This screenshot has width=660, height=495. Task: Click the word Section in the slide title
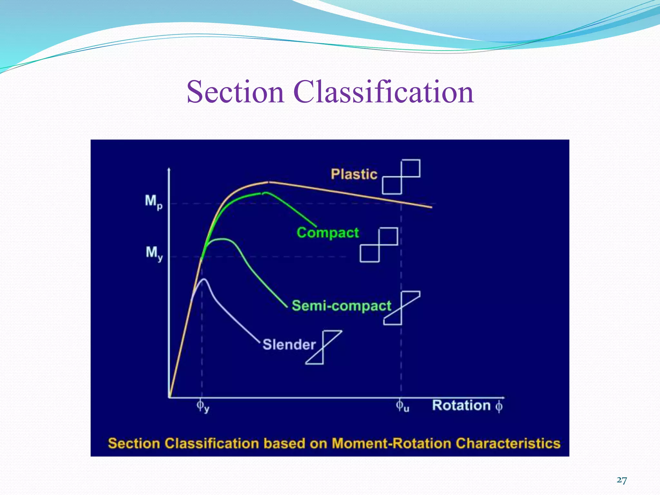click(235, 92)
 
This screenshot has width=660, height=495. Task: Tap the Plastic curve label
click(354, 174)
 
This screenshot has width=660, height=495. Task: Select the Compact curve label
click(328, 233)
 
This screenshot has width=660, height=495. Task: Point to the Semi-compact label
click(341, 306)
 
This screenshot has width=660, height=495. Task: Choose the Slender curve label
click(289, 345)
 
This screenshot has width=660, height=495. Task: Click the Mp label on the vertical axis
click(153, 202)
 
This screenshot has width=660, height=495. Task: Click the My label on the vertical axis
click(154, 253)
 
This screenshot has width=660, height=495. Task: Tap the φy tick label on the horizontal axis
click(203, 406)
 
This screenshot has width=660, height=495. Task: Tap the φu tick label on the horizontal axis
click(402, 406)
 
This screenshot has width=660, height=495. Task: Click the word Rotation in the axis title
click(461, 405)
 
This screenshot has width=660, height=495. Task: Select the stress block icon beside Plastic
click(401, 177)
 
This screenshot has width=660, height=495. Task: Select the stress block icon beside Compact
click(379, 245)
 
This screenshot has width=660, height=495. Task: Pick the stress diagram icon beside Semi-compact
click(402, 308)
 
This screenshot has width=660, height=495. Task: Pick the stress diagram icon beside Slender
click(323, 347)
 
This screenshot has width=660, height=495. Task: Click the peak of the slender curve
click(204, 279)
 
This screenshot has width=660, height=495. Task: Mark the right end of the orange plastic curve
click(431, 207)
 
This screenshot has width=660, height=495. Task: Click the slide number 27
click(622, 480)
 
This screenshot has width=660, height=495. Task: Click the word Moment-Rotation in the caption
click(391, 443)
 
